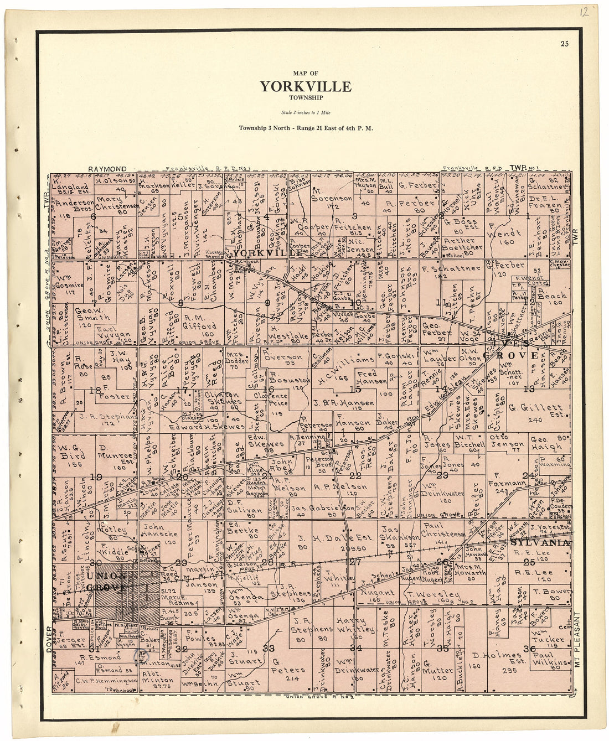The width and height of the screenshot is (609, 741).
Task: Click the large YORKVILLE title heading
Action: (305, 87)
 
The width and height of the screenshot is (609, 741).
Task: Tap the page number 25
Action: (564, 44)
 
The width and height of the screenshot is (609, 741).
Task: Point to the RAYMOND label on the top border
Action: (107, 169)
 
